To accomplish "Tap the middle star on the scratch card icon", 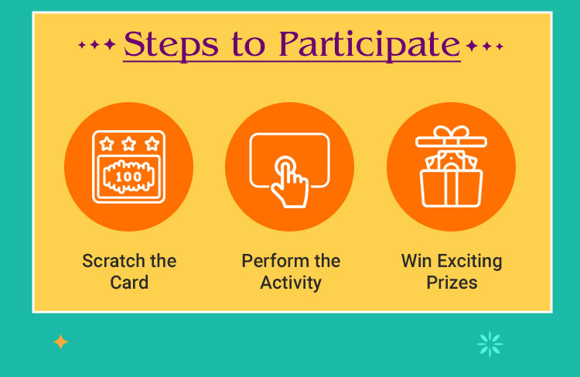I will tap(128, 144).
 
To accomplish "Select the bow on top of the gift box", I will tap(451, 134).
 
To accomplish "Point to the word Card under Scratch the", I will tap(129, 283).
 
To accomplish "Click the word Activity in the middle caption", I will tap(290, 283).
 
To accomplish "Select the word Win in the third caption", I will tap(416, 261).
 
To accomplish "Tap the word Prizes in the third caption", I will tap(452, 283).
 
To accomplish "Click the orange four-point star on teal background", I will tap(60, 342).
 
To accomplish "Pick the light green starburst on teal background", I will tap(490, 343).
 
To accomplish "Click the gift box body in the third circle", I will tap(451, 188).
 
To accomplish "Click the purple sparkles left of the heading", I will tap(97, 46).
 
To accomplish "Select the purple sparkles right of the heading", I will tap(485, 46).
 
